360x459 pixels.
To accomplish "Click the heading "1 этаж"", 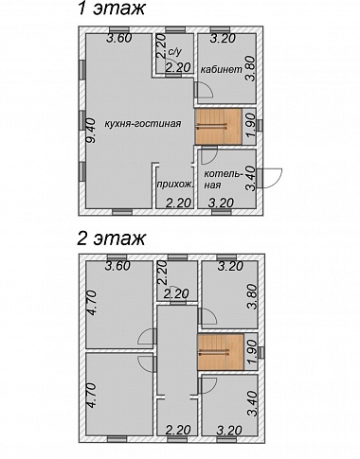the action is point(111,8).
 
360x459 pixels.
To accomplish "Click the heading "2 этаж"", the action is point(111,238).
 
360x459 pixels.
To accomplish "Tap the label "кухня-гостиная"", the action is point(143,123).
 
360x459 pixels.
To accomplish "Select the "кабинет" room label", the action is point(222,69).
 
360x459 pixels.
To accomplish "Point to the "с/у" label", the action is point(175,52).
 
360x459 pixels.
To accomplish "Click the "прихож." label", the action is point(174,185).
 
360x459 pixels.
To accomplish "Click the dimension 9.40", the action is point(92,131).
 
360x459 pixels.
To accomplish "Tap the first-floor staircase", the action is point(218,127).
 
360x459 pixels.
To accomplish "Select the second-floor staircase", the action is point(221,352).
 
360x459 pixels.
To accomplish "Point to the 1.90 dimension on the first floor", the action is point(250,128).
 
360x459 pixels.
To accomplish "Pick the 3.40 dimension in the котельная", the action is point(251,179).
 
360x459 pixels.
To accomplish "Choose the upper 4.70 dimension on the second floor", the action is point(93,303).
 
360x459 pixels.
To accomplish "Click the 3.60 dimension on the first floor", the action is point(118,39).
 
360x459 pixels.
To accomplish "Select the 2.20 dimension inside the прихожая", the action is point(179,203).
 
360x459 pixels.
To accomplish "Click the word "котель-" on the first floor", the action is point(224,174).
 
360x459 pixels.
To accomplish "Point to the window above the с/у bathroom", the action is point(175,30).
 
